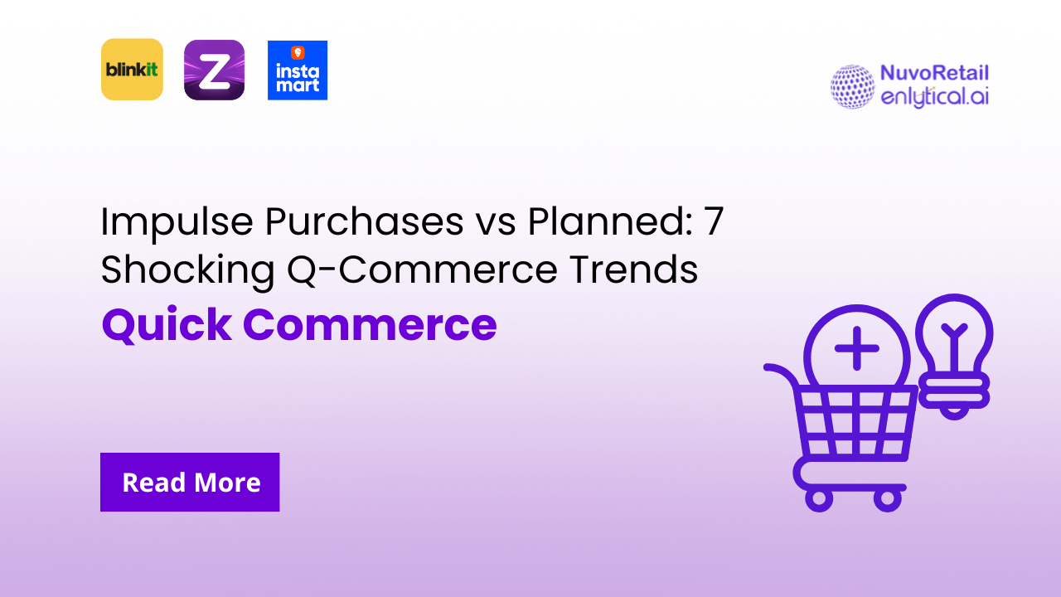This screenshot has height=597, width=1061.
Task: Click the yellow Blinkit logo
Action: [x=132, y=70]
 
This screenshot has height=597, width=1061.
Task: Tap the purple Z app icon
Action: [x=214, y=70]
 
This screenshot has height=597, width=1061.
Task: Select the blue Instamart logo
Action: [x=298, y=70]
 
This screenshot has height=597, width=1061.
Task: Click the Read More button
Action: [x=190, y=482]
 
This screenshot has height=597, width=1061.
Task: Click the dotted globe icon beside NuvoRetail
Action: [x=852, y=86]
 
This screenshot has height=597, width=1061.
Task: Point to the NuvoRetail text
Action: [x=935, y=74]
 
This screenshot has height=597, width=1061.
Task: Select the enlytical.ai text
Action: [x=934, y=97]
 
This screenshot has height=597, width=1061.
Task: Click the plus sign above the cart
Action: [x=857, y=347]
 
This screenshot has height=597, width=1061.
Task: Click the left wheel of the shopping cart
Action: [x=820, y=499]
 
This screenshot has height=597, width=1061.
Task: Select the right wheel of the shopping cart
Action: [x=886, y=499]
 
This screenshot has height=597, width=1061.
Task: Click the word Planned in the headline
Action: [x=598, y=223]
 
